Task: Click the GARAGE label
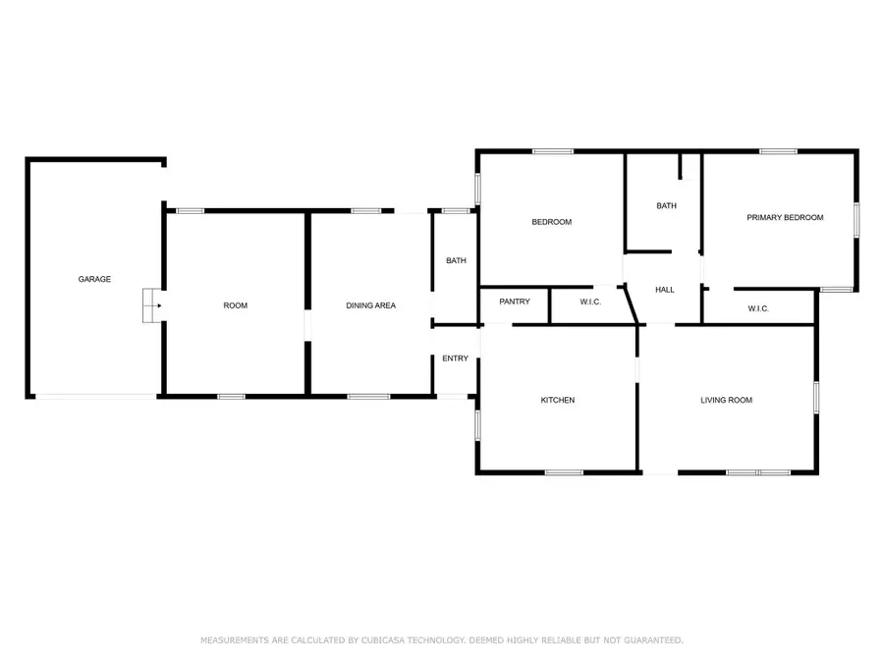[94, 279]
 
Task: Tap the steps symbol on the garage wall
[150, 305]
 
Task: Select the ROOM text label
[236, 305]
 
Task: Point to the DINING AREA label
[370, 305]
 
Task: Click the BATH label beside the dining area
[456, 260]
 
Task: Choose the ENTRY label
[455, 359]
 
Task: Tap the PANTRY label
[515, 302]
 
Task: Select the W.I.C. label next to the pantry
[590, 302]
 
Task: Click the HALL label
[665, 290]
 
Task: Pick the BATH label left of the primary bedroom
[666, 205]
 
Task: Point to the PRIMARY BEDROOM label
[785, 217]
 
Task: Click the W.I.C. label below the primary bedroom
[758, 308]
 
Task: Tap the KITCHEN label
[558, 400]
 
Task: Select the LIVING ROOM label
[726, 400]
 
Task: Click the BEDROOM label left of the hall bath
[551, 222]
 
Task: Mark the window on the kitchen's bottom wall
[564, 472]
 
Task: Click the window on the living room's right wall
[815, 395]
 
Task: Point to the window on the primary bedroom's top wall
[778, 151]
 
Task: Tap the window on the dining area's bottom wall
[368, 396]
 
